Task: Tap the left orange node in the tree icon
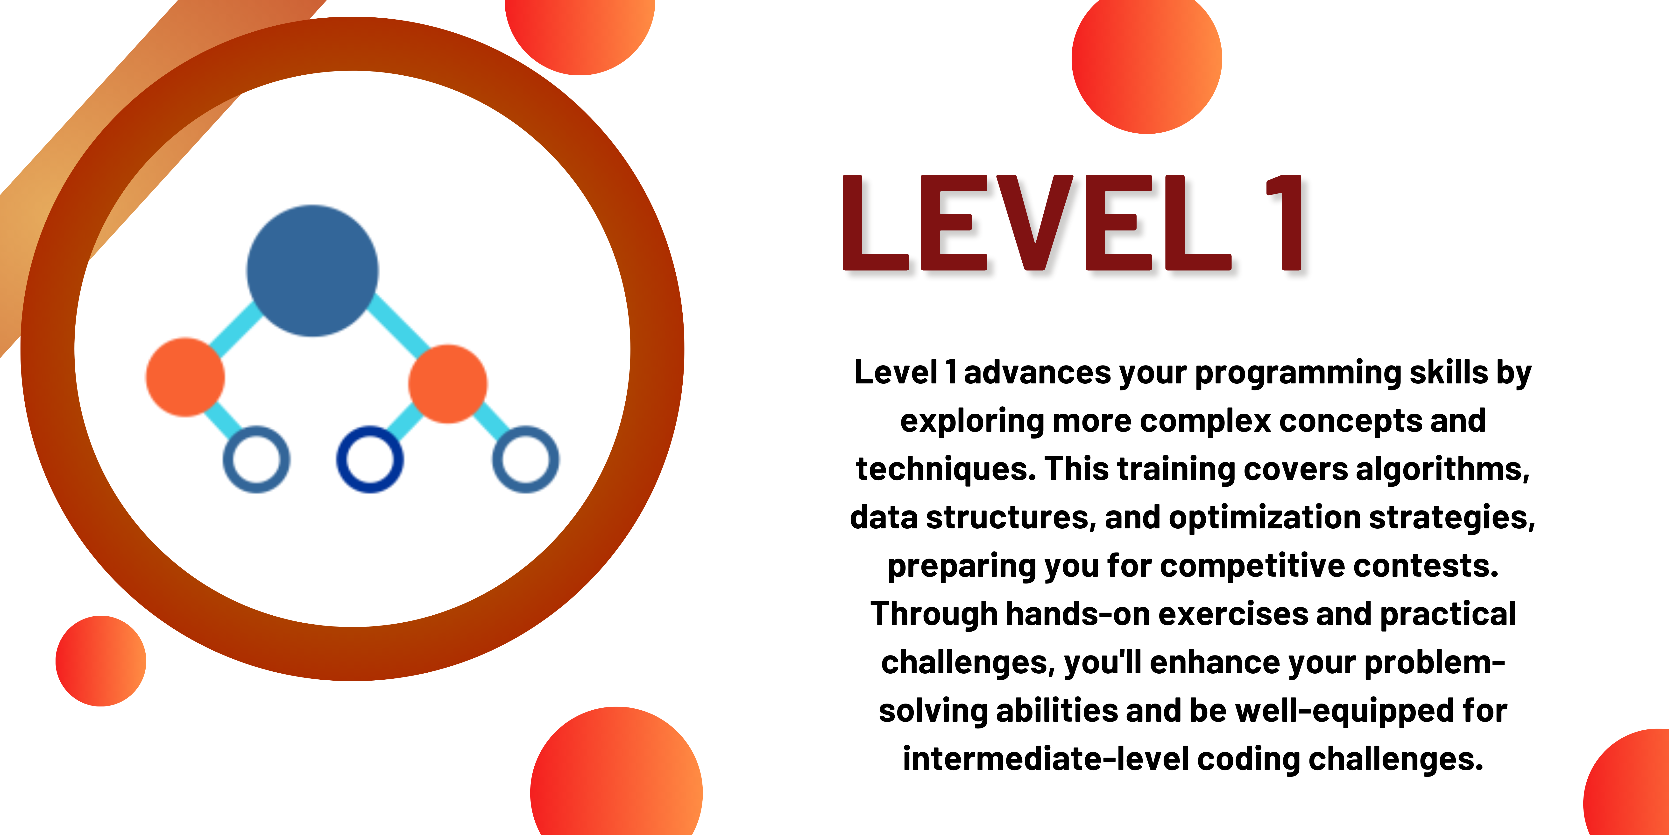(x=185, y=377)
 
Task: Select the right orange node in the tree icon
(x=448, y=384)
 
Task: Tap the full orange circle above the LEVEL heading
(x=1147, y=58)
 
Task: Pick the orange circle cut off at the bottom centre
(x=616, y=771)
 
